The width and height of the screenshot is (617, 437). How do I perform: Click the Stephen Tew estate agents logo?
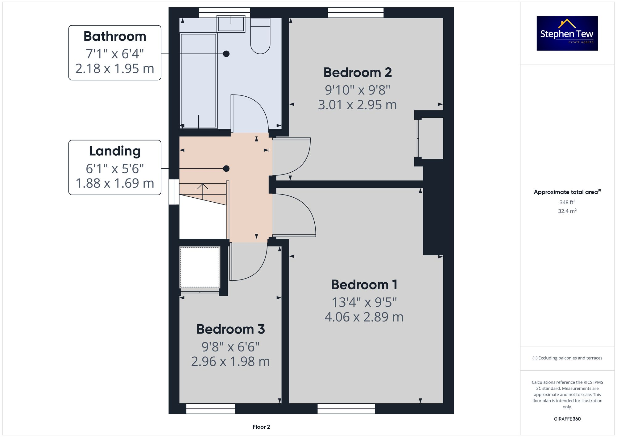click(567, 33)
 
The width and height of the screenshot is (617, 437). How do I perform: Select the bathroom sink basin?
click(231, 24)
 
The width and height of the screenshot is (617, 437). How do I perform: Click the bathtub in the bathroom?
click(198, 80)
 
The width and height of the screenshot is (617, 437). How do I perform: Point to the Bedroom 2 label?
click(357, 73)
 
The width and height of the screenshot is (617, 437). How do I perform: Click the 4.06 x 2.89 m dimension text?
click(364, 317)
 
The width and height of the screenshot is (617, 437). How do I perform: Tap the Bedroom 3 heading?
click(230, 329)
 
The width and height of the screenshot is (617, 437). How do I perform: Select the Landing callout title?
click(115, 151)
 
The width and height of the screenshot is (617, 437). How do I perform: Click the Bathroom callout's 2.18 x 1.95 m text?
click(115, 69)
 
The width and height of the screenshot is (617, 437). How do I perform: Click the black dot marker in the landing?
click(226, 169)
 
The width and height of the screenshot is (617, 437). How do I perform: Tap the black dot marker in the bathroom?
click(226, 54)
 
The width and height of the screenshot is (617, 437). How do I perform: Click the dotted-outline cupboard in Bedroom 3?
click(200, 267)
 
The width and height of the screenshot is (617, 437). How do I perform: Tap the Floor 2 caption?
click(261, 427)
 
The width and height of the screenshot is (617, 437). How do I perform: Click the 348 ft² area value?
click(567, 202)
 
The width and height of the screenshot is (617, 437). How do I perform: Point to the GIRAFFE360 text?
click(567, 419)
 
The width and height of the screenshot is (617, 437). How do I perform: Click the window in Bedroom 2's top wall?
click(355, 13)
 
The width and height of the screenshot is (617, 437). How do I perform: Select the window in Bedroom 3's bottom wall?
click(211, 409)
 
